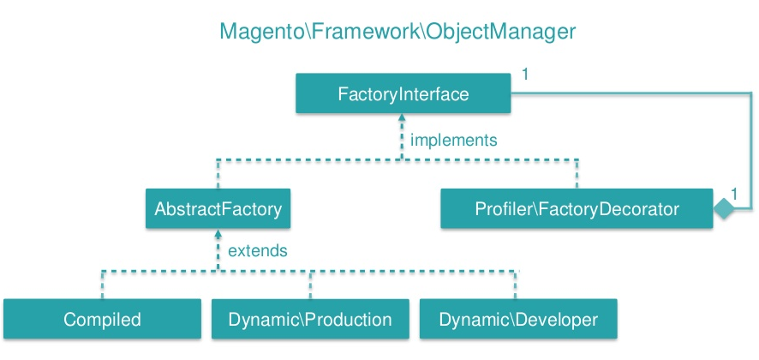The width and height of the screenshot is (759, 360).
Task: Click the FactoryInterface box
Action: click(403, 93)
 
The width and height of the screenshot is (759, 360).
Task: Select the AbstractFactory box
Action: click(218, 209)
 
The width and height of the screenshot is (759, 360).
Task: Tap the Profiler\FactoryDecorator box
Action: click(577, 209)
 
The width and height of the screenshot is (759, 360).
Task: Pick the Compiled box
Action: click(102, 319)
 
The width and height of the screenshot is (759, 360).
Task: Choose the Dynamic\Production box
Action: click(310, 319)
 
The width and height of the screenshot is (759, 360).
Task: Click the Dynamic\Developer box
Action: click(518, 319)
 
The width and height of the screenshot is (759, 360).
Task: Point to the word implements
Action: click(453, 141)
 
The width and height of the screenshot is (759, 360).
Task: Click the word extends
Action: click(258, 251)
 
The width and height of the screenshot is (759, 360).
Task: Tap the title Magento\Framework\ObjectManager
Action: click(397, 32)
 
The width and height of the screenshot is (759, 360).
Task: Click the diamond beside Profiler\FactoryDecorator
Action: click(724, 209)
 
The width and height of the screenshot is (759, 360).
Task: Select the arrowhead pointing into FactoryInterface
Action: click(401, 117)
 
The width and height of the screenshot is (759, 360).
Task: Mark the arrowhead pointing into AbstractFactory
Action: click(218, 232)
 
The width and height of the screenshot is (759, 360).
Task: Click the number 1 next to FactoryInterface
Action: click(525, 75)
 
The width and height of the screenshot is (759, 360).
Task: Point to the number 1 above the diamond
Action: click(734, 195)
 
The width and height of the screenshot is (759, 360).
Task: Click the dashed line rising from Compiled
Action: click(102, 285)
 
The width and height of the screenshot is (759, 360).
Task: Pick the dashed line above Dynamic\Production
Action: click(310, 285)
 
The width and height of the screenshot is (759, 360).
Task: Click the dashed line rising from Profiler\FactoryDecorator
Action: click(577, 173)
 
